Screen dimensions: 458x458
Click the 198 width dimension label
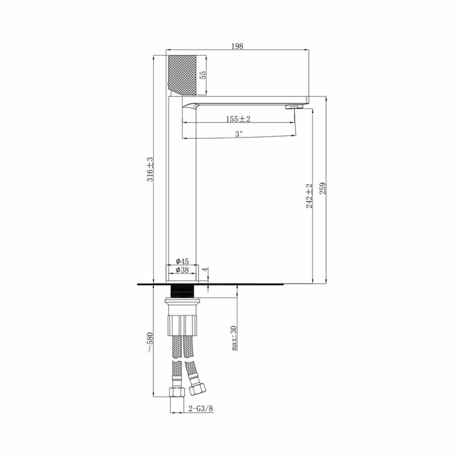pyautogui.click(x=237, y=46)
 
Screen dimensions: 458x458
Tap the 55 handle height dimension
pyautogui.click(x=203, y=75)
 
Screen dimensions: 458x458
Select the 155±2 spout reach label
pyautogui.click(x=238, y=119)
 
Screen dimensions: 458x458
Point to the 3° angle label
pyautogui.click(x=239, y=134)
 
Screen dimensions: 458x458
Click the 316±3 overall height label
pyautogui.click(x=150, y=169)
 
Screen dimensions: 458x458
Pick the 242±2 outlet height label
pyautogui.click(x=309, y=196)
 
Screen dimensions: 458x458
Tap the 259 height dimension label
pyautogui.click(x=323, y=188)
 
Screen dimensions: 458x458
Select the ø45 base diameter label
pyautogui.click(x=182, y=261)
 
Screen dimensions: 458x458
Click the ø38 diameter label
pyautogui.click(x=182, y=270)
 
